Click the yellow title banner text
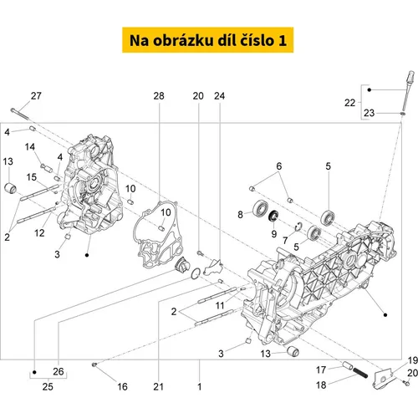coord(208,40)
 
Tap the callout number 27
coord(36,96)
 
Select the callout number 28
coord(159,96)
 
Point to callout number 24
coord(219,96)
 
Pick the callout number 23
coord(369,113)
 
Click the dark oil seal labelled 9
coord(273,216)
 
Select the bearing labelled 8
coord(261,208)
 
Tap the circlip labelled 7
coord(298,227)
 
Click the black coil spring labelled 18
coord(360,373)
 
